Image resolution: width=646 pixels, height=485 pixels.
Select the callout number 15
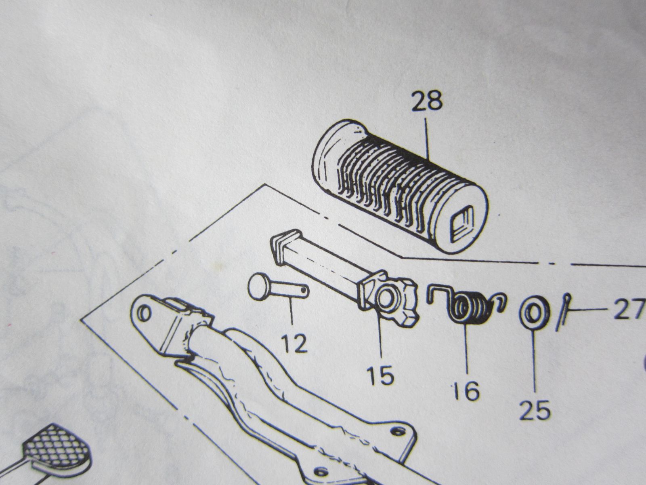381,375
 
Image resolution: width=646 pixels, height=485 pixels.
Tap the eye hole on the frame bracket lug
144,313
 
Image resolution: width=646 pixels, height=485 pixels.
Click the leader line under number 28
427,139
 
